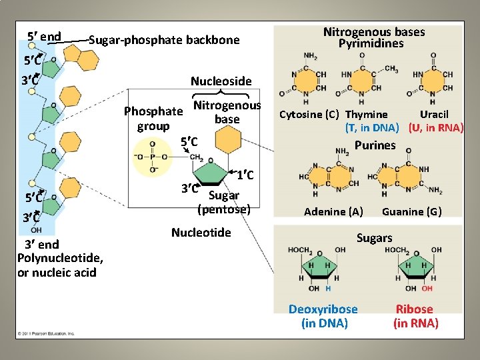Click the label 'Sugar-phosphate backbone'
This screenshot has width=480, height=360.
pos(164,40)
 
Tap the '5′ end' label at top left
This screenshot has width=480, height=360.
pos(44,37)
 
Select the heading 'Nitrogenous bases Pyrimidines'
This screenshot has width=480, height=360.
pos(373,37)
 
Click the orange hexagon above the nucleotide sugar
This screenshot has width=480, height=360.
pos(227,140)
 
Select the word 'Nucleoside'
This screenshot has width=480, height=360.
pos(221,81)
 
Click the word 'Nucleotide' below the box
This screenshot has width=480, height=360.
pos(201,233)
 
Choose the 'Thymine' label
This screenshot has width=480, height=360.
pos(366,115)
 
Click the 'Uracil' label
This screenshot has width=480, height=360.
pos(434,115)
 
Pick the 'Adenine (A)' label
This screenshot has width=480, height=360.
pos(333,212)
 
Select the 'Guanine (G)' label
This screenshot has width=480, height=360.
pos(411,212)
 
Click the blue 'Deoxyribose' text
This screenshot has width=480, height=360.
pos(323,309)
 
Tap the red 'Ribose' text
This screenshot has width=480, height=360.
pos(415,309)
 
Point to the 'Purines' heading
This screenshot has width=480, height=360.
pos(375,145)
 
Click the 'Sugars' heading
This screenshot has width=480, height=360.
pos(374,238)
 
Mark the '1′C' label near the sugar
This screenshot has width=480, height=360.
pos(244,175)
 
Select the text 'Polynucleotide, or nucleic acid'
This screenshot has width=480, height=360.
pos(59,265)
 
